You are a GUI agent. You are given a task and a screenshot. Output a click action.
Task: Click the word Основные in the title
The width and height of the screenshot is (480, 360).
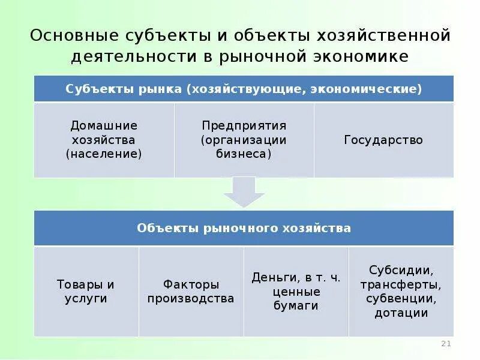pos(72,35)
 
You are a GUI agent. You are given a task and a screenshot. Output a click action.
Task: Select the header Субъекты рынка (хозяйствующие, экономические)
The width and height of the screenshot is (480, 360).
pos(244,89)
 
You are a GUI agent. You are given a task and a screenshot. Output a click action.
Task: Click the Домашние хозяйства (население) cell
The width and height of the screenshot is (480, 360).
pos(104,140)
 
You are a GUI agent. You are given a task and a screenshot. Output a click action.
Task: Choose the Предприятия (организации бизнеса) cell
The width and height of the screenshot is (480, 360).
pos(244,140)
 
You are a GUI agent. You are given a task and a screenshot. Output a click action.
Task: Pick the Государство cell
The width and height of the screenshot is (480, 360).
pos(383,140)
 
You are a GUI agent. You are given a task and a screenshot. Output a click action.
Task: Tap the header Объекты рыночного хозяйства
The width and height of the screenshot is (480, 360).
pos(244,228)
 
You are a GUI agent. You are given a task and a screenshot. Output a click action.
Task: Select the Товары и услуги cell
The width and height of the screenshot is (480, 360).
pos(86,291)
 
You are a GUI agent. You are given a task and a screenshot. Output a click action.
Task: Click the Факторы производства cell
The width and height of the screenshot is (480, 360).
pos(191,291)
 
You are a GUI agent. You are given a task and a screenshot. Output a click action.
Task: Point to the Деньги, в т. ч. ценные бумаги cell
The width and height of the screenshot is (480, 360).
pos(296,291)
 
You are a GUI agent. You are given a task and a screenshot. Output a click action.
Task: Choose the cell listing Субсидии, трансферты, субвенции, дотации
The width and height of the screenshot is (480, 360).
pos(401,291)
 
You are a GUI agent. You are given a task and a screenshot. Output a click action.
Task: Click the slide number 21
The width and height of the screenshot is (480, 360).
pos(446,343)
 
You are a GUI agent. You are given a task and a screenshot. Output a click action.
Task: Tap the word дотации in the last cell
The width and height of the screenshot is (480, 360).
pos(401,313)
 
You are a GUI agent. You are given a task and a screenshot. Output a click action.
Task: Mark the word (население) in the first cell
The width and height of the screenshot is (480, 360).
pos(104,154)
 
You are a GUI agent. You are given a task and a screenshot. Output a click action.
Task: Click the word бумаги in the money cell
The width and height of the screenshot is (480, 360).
pos(296,305)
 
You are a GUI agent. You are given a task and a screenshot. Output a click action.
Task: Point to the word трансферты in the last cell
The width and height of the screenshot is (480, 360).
pos(401,284)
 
